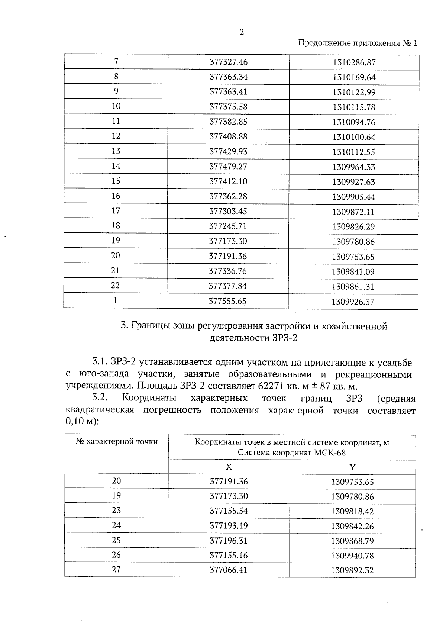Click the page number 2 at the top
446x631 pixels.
(x=242, y=32)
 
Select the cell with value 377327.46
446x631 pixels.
(x=228, y=62)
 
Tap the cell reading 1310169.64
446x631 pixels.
(x=354, y=78)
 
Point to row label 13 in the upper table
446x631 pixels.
(x=116, y=151)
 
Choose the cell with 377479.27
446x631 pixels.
(x=228, y=167)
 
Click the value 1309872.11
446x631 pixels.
(x=353, y=212)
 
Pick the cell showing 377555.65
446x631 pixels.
(x=227, y=301)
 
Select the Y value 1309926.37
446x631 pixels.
(x=353, y=302)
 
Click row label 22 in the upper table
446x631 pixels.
(x=115, y=286)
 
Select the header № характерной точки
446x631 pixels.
(x=117, y=442)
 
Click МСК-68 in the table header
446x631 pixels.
(x=330, y=453)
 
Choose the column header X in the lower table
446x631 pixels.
(x=229, y=467)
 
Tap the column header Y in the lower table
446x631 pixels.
(x=352, y=467)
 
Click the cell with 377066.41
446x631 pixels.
(x=229, y=570)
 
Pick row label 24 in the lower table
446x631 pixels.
(x=116, y=525)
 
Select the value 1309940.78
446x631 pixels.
(x=352, y=556)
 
